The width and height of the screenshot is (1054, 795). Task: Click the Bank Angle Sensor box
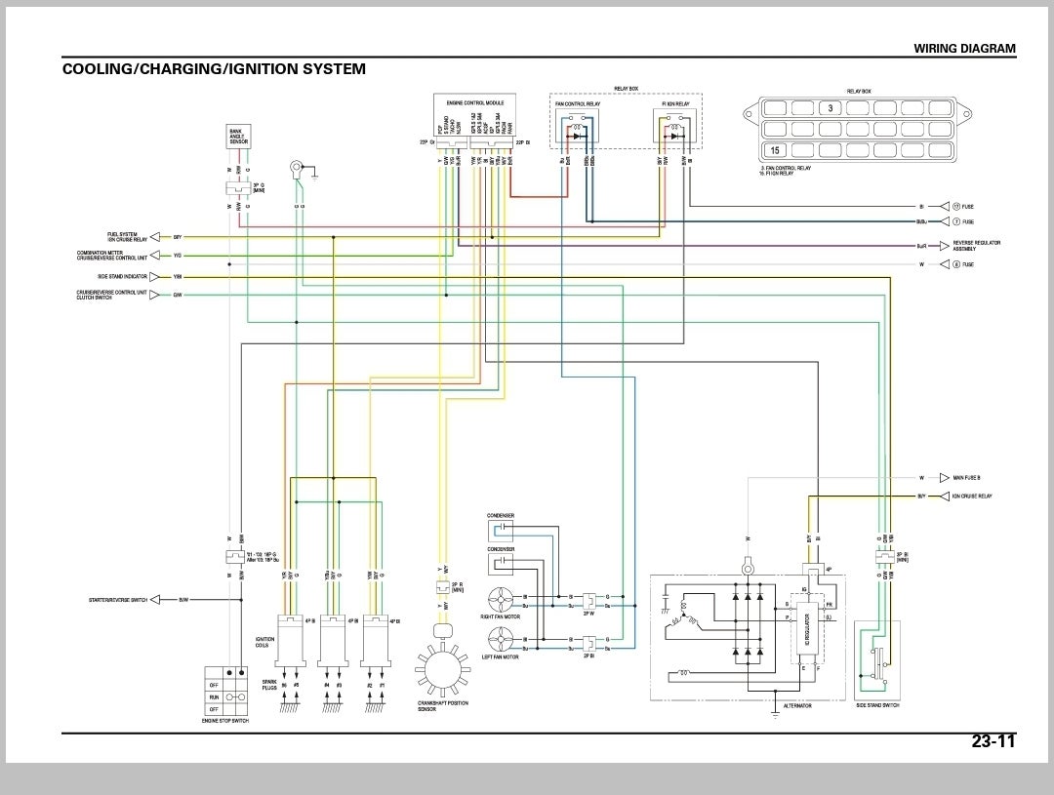[x=238, y=138]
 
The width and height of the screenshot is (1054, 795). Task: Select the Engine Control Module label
[x=474, y=101]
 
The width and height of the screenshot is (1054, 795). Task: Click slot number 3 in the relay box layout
[x=830, y=107]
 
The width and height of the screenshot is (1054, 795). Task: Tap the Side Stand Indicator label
[x=122, y=277]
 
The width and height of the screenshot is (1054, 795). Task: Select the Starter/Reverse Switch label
[x=118, y=600]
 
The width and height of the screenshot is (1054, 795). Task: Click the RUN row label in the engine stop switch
[x=214, y=697]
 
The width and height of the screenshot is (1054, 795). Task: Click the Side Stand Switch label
[x=877, y=705]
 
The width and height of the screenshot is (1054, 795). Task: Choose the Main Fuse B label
[x=966, y=478]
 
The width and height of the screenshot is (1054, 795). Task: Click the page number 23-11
[x=993, y=741]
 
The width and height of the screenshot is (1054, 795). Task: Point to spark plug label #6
[x=284, y=686]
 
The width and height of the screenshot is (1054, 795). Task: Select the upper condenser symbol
[x=500, y=530]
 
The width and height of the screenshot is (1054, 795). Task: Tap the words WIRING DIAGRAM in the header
[x=963, y=48]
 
